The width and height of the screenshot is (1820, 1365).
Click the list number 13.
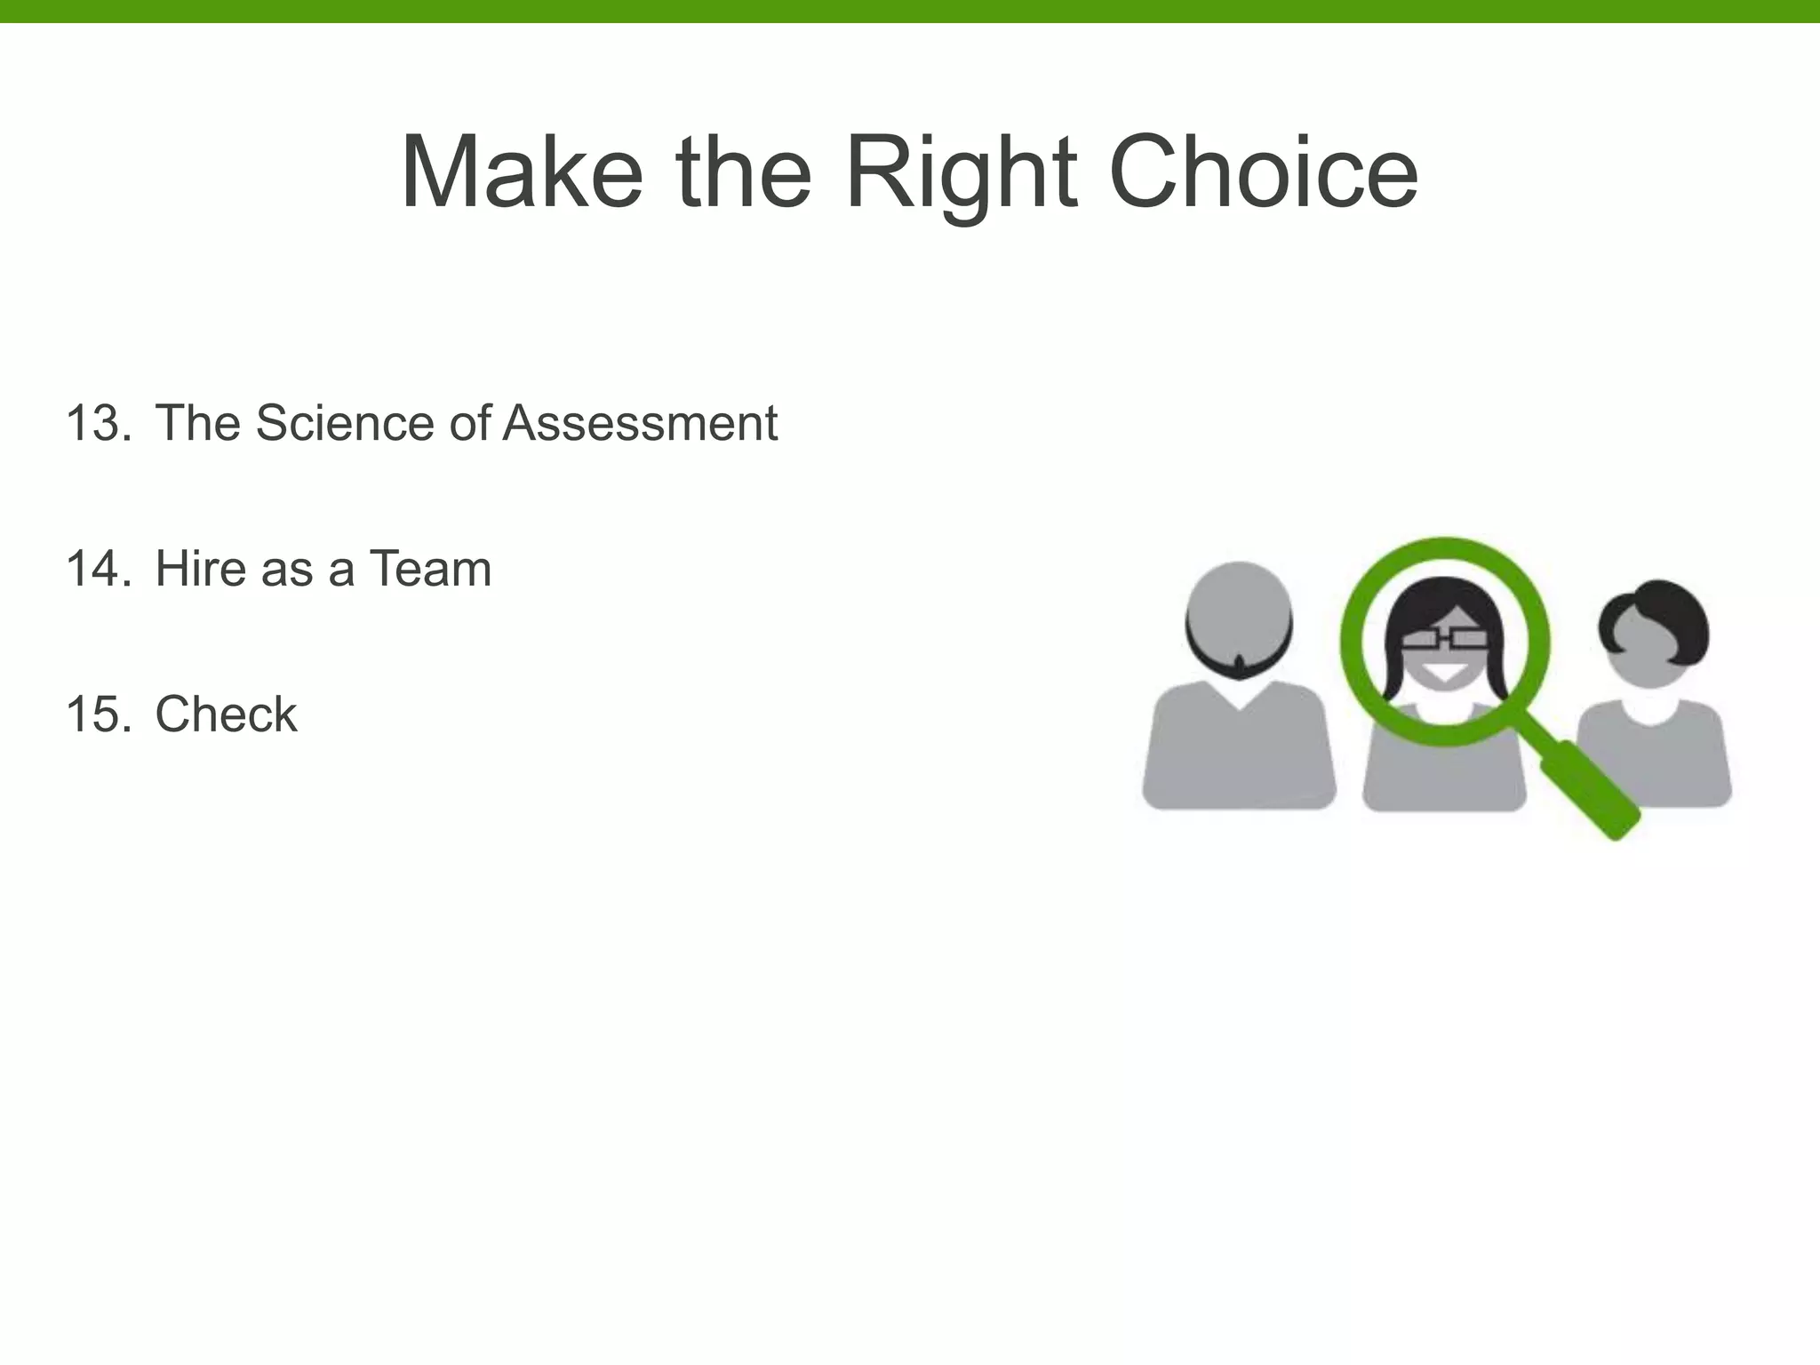coord(98,423)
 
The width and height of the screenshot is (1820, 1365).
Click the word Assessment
coord(640,423)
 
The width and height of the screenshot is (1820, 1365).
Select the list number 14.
coord(98,569)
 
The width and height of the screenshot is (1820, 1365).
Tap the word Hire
coord(202,569)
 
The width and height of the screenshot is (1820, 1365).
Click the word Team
coord(430,569)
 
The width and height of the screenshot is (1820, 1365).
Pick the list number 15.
coord(98,714)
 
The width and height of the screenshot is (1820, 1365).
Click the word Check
coord(226,714)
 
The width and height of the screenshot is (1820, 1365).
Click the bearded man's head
coord(1239,613)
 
